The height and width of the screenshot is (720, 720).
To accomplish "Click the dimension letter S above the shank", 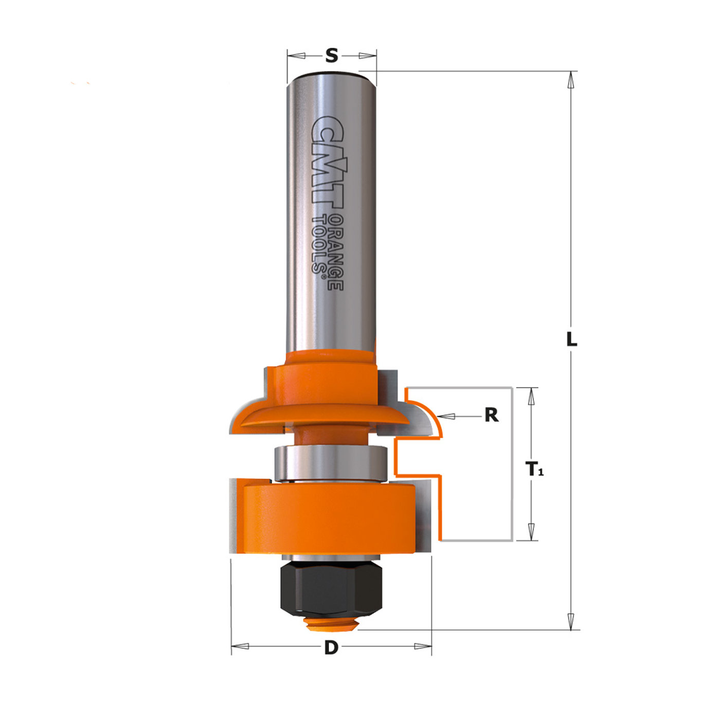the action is point(331,56).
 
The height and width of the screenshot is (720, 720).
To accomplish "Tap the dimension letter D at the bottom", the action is point(331,647).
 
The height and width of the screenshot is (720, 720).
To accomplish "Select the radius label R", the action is point(492,415).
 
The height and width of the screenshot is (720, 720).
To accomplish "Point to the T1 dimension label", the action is point(534,470).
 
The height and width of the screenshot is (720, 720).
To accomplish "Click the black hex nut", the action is point(331,593).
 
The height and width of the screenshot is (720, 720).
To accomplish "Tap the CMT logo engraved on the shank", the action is point(327,160).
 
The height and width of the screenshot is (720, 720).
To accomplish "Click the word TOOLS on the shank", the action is point(319,244).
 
